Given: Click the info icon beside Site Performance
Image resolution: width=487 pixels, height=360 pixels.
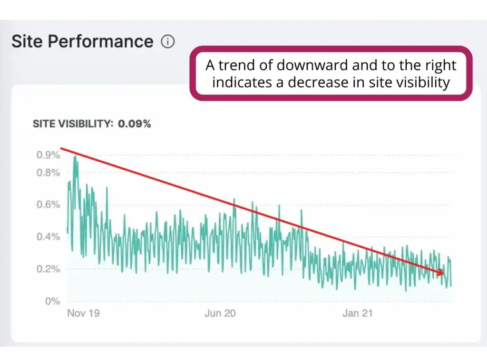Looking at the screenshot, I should tap(167, 42).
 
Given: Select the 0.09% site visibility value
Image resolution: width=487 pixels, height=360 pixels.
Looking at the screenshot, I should tap(135, 124).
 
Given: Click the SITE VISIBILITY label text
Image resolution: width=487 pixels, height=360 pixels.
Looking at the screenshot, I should tap(73, 124).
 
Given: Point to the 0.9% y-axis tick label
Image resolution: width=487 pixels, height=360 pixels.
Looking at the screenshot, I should tap(49, 155).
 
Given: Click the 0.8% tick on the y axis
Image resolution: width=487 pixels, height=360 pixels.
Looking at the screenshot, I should tap(49, 173).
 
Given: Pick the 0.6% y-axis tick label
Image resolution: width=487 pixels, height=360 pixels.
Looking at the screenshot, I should tap(49, 205).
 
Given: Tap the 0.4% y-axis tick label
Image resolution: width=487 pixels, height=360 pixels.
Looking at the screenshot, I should tap(49, 237).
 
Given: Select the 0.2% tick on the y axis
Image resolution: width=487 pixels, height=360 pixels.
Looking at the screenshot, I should tap(49, 269).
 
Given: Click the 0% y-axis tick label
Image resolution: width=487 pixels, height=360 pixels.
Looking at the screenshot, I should tap(52, 301).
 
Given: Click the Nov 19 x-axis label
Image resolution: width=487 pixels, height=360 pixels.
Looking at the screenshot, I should tap(84, 313).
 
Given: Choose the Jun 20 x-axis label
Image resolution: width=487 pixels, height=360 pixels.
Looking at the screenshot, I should tap(220, 313).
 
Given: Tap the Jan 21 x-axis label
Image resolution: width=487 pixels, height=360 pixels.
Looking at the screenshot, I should tap(358, 313).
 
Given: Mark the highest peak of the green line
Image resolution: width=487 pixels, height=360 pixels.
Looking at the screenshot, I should tap(75, 157).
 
